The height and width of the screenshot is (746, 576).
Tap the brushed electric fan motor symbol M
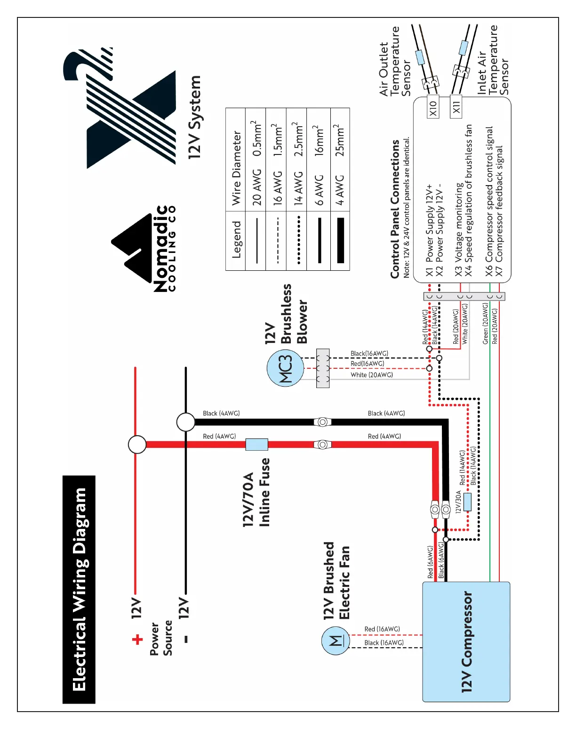tap(336, 641)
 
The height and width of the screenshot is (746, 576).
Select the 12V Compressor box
tap(466, 641)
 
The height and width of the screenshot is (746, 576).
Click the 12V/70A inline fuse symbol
tap(256, 444)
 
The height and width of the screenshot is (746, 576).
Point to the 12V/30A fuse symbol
tap(467, 502)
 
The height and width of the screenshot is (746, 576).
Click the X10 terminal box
tap(433, 107)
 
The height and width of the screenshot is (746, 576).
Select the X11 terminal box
tap(456, 107)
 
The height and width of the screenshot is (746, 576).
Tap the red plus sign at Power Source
tap(137, 639)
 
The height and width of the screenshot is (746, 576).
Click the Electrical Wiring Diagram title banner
tap(79, 589)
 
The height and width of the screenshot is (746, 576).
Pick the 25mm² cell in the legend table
tap(340, 140)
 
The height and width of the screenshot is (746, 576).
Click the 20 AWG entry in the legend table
tap(256, 187)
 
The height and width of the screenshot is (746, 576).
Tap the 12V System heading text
tap(194, 117)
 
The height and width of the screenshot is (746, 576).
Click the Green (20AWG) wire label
tap(486, 324)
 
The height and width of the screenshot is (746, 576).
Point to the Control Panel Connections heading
tap(395, 209)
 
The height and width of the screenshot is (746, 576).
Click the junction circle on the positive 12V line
tap(137, 444)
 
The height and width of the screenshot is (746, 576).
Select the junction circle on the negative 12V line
tap(186, 422)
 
